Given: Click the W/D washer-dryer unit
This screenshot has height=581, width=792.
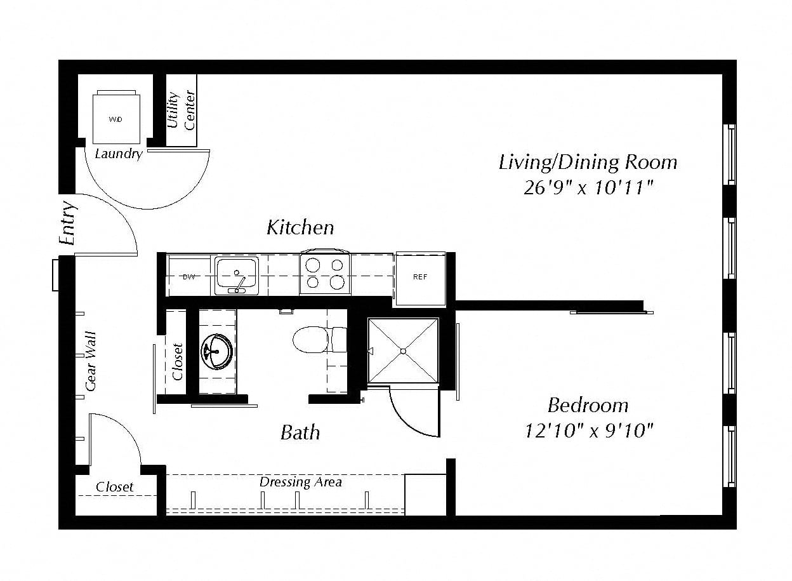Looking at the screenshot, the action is coord(116,118).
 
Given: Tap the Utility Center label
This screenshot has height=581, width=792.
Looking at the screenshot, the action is coord(181,110).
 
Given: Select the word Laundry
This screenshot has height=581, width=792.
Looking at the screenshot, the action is coord(119,154).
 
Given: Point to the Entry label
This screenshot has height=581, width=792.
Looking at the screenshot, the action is coord(68,223).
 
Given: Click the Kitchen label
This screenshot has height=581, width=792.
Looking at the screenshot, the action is coord(300,227).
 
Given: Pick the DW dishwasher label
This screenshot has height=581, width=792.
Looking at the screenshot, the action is coord(189,277).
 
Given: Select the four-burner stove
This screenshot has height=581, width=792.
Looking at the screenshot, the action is coord(325,273).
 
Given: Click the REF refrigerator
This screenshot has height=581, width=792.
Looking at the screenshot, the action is coord(420,278).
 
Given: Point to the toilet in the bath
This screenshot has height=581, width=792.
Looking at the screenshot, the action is coord(320,339).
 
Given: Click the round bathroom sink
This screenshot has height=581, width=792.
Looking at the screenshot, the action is coord(217,351).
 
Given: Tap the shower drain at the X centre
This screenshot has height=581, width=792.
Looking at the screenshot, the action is coord(404,351).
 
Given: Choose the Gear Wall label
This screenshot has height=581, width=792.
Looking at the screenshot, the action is coord(91,361).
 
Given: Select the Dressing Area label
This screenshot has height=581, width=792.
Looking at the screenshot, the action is coord(301,482).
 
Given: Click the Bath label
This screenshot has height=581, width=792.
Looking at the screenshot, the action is coord(300,432).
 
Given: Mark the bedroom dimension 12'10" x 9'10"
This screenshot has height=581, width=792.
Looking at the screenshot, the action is coord(588,431).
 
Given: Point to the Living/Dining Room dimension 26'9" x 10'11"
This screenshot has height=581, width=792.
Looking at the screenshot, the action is coord(588,187).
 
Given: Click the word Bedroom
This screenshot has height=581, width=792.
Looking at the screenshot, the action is coord(588,405).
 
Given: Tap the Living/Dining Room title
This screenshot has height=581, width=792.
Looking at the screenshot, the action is coord(588,163).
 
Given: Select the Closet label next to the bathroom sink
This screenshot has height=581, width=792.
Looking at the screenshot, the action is coord(178,362).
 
